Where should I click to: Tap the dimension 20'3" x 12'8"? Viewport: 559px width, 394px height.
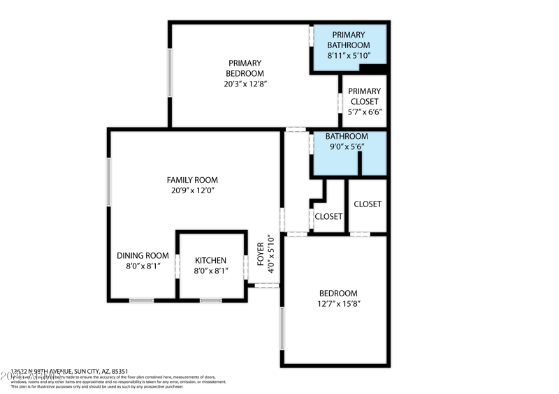click(241, 84)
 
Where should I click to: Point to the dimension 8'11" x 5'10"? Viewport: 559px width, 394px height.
click(349, 55)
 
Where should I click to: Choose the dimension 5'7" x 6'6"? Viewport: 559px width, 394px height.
click(364, 112)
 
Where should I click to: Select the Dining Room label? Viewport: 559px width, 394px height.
click(143, 255)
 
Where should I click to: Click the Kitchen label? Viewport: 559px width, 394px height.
click(210, 260)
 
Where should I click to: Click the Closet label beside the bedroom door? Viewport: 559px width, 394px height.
click(328, 216)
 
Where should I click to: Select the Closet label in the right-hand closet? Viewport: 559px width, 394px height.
click(368, 204)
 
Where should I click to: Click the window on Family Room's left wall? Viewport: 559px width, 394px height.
click(108, 182)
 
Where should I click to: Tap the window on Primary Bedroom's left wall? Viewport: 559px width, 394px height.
click(170, 72)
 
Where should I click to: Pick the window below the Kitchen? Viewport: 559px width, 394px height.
click(211, 300)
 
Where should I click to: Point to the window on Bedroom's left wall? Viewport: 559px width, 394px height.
click(282, 328)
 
